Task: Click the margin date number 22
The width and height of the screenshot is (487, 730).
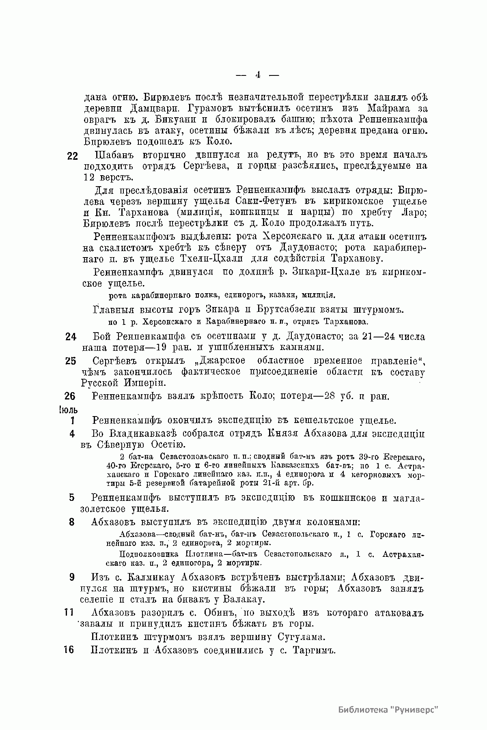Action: click(72, 157)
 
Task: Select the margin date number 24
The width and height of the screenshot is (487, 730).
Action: click(71, 337)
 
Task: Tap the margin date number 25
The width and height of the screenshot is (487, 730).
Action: click(71, 362)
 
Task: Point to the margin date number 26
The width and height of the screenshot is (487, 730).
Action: click(70, 396)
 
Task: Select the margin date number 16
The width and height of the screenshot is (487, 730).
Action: click(69, 650)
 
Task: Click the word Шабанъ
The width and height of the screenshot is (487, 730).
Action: click(113, 155)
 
